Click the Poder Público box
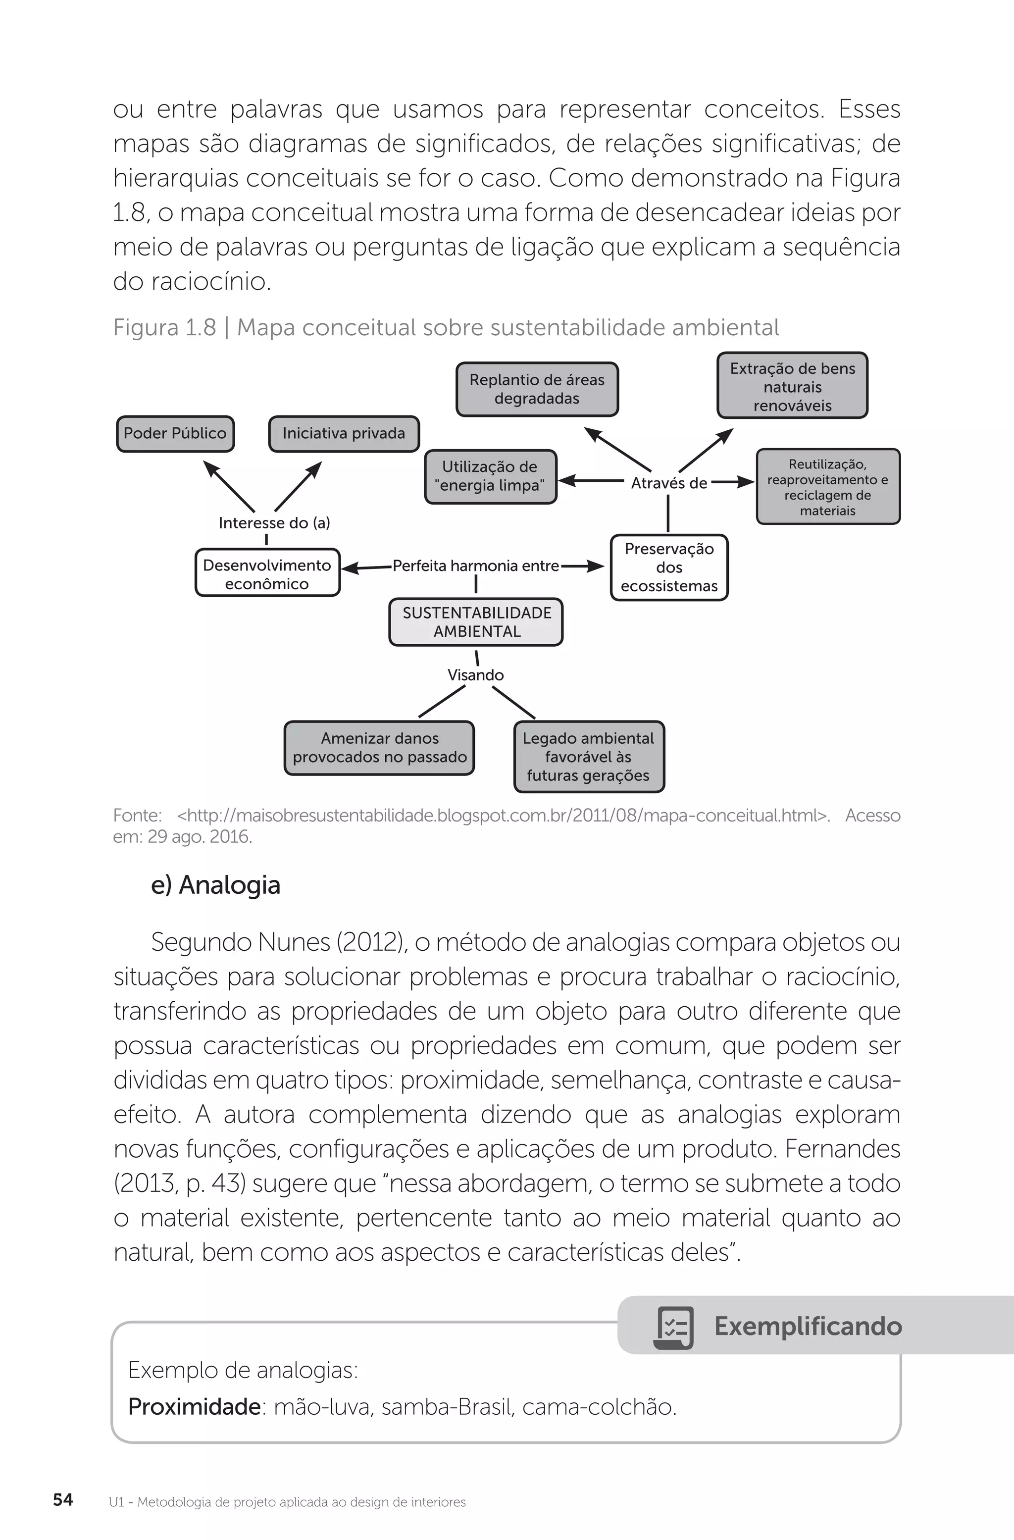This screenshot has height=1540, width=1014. coord(175,434)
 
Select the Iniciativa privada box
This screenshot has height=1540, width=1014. coord(344,434)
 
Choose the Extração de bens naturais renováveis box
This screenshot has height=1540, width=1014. coord(792,386)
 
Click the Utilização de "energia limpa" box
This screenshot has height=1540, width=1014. coord(490,476)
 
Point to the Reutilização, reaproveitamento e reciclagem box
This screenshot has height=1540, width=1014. coord(828,487)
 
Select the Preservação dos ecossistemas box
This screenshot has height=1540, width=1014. coord(669,567)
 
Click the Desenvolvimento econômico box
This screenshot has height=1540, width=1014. coord(267,574)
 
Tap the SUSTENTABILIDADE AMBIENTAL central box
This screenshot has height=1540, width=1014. coord(476,622)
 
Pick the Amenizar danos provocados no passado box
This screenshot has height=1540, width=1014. coord(379,748)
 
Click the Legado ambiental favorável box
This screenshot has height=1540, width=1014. coord(588,757)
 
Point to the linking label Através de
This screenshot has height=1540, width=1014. coord(668,483)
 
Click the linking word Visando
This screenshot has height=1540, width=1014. coord(476,675)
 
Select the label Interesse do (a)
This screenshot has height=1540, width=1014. coord(274,523)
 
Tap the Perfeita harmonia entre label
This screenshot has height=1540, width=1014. coord(476,565)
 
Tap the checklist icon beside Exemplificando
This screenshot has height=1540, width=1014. coord(674,1327)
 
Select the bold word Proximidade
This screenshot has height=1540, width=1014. coord(194,1407)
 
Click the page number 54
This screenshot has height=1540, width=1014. coord(63,1499)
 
